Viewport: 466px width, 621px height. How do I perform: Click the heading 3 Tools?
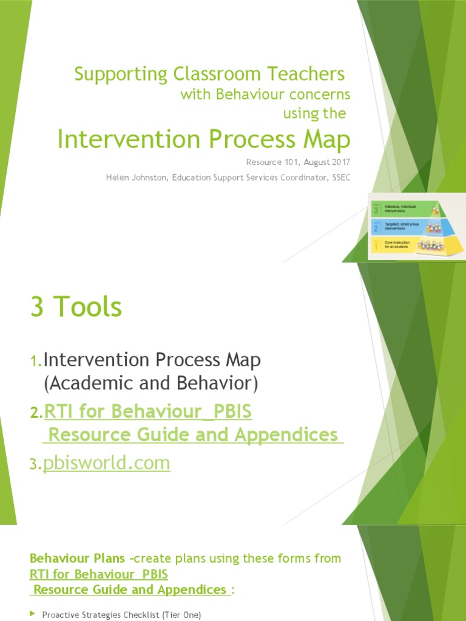tap(76, 308)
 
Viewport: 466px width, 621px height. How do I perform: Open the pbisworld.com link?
tap(107, 463)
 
